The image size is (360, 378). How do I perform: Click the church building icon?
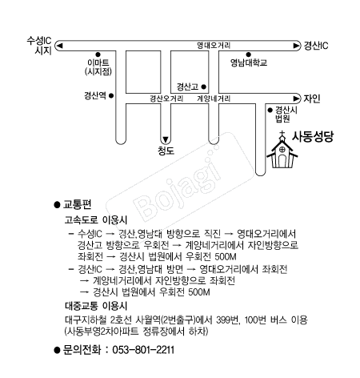(281, 153)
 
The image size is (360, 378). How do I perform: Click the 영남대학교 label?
(248, 62)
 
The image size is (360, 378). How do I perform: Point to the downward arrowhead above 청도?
(166, 137)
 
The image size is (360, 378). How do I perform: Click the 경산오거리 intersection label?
(166, 99)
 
